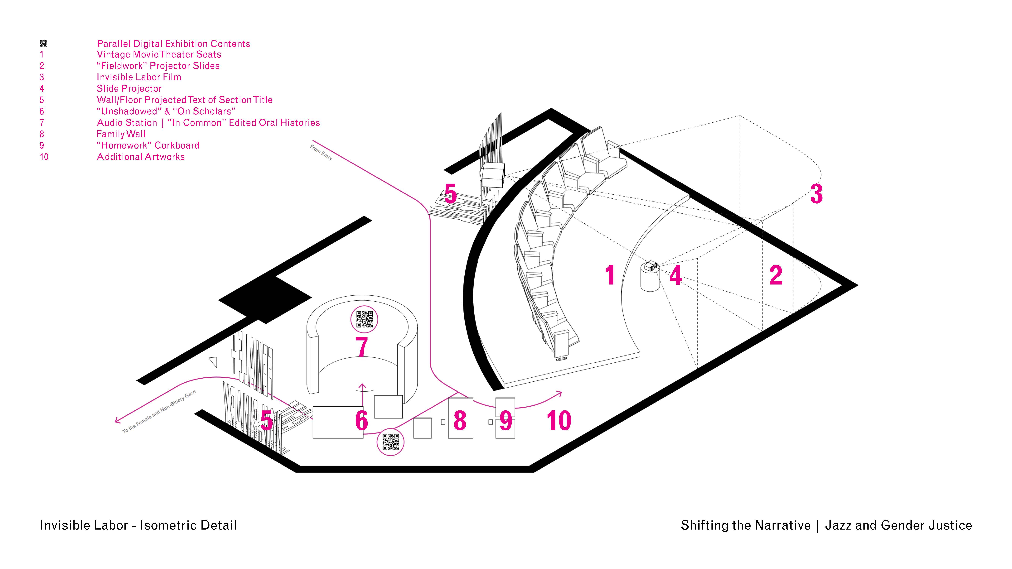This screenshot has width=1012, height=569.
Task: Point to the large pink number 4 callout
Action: pyautogui.click(x=675, y=275)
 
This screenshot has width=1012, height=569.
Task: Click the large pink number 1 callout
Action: pyautogui.click(x=610, y=275)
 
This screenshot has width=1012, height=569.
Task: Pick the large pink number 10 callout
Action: pyautogui.click(x=559, y=420)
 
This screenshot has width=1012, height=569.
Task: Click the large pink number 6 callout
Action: pyautogui.click(x=361, y=420)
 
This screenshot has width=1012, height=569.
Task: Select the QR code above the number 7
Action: pyautogui.click(x=364, y=319)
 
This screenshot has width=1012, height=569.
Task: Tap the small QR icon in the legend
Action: pyautogui.click(x=43, y=43)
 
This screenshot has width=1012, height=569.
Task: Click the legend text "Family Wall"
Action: pyautogui.click(x=121, y=134)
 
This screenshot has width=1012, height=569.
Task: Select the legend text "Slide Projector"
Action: pyautogui.click(x=129, y=89)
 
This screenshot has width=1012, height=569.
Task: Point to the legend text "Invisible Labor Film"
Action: pyautogui.click(x=139, y=77)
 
